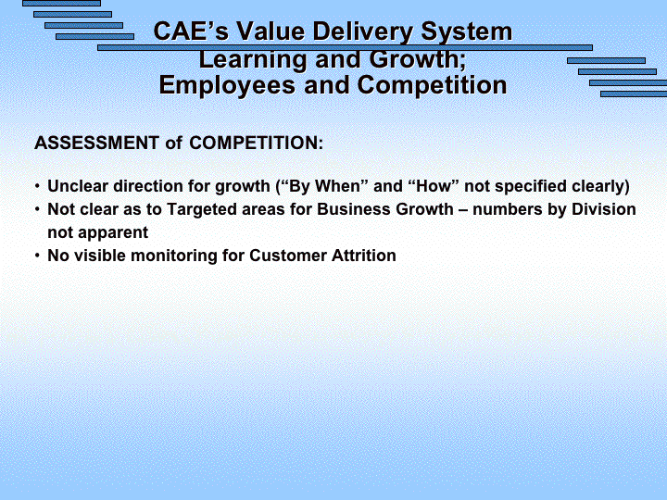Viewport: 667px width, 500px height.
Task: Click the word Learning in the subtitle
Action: [x=253, y=60]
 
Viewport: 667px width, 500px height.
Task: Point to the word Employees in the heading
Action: [x=227, y=86]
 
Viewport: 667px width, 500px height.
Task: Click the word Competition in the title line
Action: [x=432, y=86]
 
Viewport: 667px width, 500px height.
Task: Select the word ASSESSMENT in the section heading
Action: [x=96, y=143]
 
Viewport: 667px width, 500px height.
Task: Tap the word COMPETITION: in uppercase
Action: [x=256, y=143]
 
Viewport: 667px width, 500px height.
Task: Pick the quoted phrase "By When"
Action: [x=324, y=186]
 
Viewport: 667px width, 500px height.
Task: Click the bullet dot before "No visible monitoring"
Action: [x=37, y=256]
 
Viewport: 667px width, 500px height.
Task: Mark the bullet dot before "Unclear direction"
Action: [x=37, y=186]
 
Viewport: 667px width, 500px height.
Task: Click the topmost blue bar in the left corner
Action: [x=62, y=4]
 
